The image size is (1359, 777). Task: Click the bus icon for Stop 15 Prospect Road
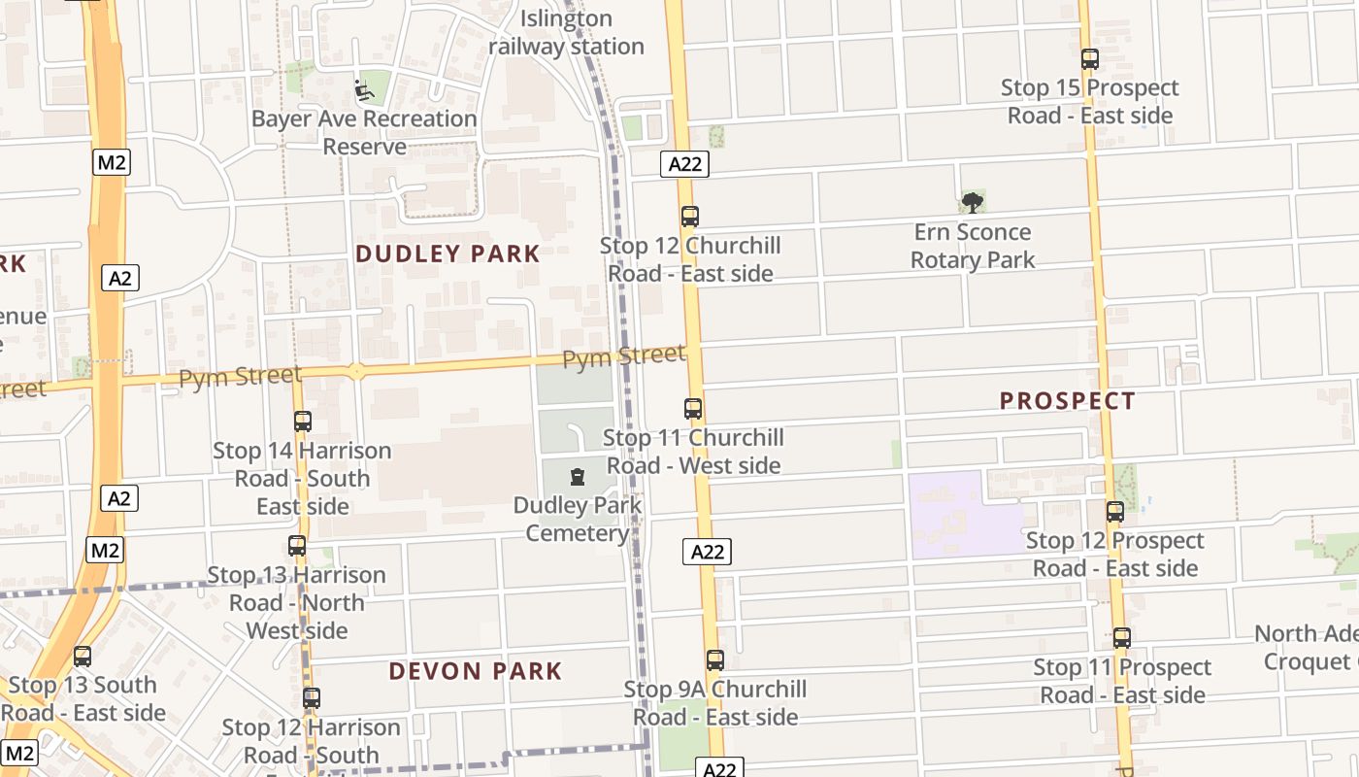tap(1089, 59)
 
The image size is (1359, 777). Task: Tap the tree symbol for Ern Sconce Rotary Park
tap(972, 203)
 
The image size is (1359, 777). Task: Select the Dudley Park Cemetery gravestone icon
tap(578, 477)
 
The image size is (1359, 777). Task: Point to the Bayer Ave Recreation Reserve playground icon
tap(363, 91)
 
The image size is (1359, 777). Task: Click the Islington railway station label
tap(566, 32)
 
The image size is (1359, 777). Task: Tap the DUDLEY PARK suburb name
tap(447, 254)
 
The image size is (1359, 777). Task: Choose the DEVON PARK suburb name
tap(476, 671)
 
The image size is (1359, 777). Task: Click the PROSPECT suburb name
tap(1067, 401)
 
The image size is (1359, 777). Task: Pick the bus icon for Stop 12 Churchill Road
tap(689, 217)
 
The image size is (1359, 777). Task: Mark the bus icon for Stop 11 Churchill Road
tap(692, 409)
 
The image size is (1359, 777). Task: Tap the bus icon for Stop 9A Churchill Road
tap(715, 660)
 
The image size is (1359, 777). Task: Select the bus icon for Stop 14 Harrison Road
tap(302, 422)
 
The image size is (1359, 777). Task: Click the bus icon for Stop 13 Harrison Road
tap(297, 546)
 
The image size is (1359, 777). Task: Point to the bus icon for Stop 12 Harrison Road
tap(311, 698)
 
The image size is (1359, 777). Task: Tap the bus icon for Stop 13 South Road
tap(83, 657)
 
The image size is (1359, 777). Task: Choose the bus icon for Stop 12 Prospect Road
tap(1114, 512)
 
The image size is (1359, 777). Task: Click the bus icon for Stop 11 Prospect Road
tap(1121, 638)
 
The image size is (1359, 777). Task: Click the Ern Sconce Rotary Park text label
tap(973, 246)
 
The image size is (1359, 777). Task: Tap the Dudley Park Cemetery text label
tap(578, 520)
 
